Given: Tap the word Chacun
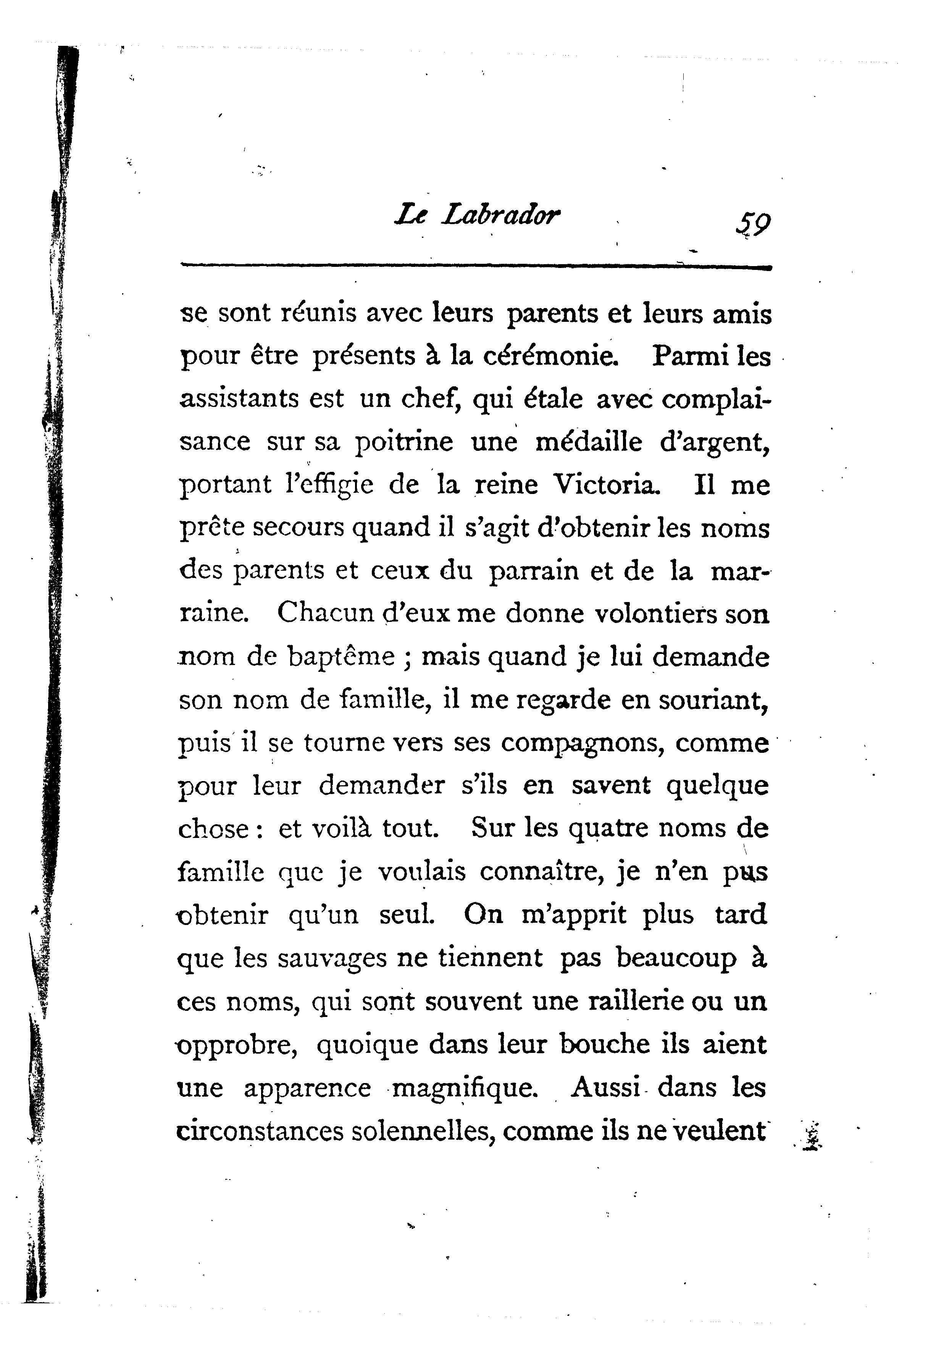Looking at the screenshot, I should coord(326,613).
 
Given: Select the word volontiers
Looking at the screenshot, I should coord(654,613).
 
